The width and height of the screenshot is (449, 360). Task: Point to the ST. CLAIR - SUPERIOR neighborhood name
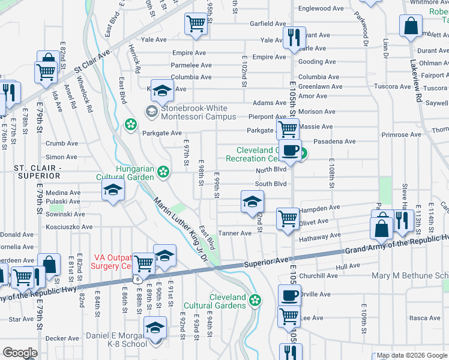click(31, 171)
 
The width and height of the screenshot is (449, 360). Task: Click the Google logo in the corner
click(20, 352)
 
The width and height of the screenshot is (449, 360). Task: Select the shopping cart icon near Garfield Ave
click(196, 25)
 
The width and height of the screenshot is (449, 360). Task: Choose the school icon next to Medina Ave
click(112, 191)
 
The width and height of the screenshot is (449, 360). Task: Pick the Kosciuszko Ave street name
click(70, 227)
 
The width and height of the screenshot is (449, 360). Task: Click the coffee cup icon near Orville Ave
click(289, 296)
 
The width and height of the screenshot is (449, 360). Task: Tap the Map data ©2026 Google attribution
click(411, 355)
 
